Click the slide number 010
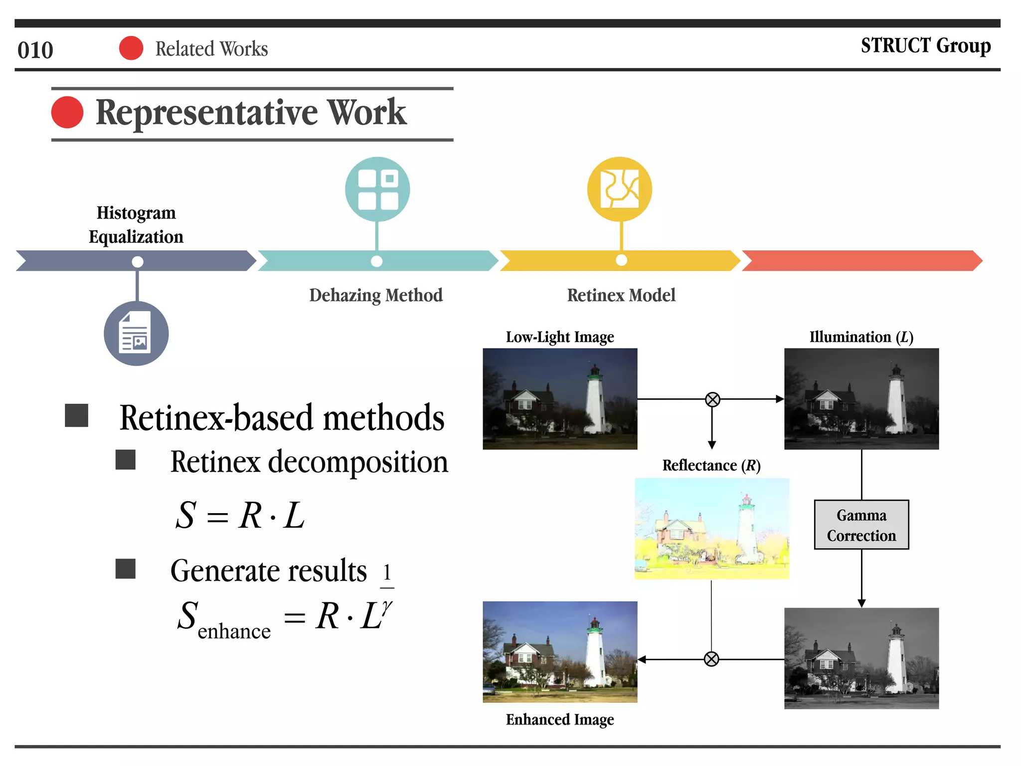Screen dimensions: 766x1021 35,50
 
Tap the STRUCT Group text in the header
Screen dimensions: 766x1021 925,45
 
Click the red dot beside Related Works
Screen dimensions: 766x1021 131,48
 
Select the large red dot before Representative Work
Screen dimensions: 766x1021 67,112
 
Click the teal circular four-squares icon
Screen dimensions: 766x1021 377,190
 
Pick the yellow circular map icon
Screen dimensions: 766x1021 620,190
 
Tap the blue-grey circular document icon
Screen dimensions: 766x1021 136,334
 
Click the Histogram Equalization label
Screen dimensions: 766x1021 136,224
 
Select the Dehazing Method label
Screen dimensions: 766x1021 376,295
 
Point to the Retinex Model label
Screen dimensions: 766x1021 621,295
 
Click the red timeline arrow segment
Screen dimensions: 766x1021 861,261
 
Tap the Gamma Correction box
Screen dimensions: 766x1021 861,525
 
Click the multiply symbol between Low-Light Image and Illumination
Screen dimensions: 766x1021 712,399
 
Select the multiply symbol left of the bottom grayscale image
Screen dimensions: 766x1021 711,659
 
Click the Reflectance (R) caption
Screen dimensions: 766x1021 711,465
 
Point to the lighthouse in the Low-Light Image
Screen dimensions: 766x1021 595,399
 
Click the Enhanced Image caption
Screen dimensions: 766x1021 560,720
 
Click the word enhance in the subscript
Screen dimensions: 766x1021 234,632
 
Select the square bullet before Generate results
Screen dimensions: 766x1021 126,569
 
